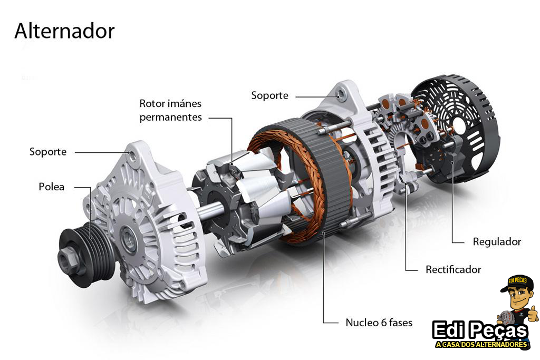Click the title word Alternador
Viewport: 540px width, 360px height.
click(64, 31)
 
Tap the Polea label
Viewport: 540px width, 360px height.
click(51, 187)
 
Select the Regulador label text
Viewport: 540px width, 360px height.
click(497, 241)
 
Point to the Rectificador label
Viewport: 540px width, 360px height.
click(453, 269)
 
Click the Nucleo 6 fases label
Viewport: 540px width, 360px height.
click(379, 323)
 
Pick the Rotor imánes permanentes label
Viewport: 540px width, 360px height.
click(170, 110)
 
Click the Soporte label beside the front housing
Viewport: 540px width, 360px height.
click(48, 152)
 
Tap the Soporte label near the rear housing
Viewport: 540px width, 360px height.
click(269, 95)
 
